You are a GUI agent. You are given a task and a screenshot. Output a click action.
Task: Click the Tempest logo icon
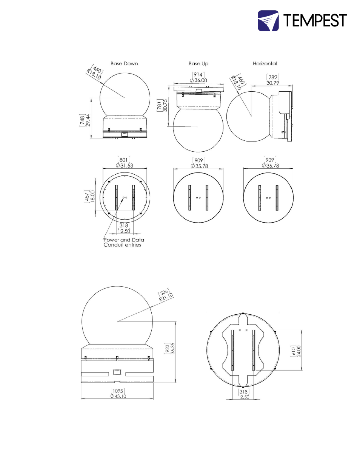[268, 21]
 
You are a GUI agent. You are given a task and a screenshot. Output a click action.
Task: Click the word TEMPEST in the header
[315, 20]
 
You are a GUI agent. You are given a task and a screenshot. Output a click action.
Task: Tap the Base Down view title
[124, 63]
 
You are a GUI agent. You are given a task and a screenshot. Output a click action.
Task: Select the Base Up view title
[198, 63]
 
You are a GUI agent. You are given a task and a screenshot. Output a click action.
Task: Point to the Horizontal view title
[265, 63]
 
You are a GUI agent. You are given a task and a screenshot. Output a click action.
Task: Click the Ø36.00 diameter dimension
[198, 80]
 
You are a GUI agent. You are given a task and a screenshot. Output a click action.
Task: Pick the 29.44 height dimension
[88, 120]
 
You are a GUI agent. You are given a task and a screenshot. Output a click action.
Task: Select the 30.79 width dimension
[272, 83]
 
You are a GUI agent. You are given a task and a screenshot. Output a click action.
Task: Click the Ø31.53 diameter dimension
[125, 166]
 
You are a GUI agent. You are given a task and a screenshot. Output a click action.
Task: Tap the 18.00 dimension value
[92, 197]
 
